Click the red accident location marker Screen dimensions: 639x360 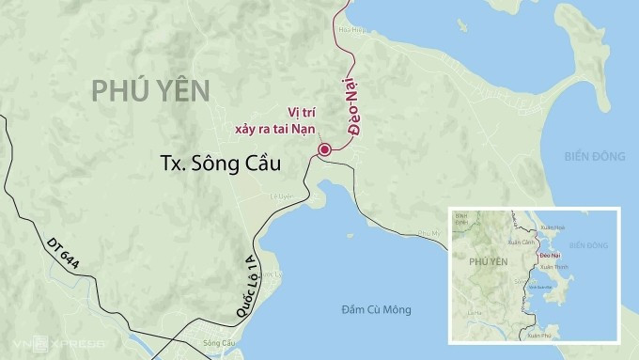(x=324, y=149)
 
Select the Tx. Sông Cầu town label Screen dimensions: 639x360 (x=222, y=164)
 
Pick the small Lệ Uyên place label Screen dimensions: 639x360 (x=282, y=196)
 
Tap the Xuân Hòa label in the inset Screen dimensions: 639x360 (x=553, y=227)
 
